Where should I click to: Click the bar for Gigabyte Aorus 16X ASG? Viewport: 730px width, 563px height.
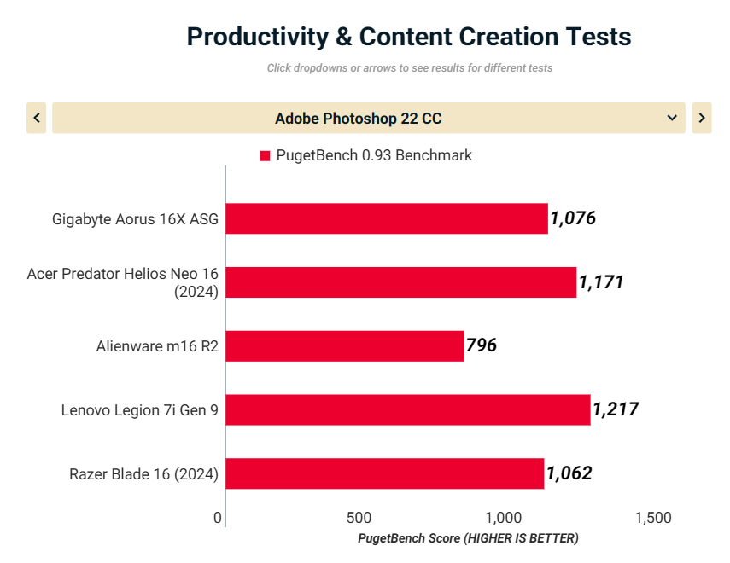coord(387,218)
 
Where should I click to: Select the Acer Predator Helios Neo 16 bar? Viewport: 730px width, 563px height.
coord(401,282)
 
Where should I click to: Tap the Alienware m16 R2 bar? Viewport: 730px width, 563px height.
coord(345,346)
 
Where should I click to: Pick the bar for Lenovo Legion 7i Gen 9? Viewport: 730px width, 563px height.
coord(408,410)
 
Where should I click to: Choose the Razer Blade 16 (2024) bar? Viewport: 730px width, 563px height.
coord(385,473)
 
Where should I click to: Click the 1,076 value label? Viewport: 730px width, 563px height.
coord(573,218)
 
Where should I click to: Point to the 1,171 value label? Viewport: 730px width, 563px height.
coord(601,282)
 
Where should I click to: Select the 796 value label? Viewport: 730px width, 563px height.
coord(482,346)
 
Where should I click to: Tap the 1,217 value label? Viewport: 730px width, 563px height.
coord(615,410)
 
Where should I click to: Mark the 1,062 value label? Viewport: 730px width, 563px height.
coord(569,473)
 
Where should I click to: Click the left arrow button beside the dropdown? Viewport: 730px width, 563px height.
coord(36,118)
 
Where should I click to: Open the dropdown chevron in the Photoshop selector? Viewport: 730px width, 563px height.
coord(672,118)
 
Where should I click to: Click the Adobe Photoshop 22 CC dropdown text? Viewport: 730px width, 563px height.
coord(359,119)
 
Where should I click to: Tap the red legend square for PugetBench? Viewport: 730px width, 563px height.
coord(265,156)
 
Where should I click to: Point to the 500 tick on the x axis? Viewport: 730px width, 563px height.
coord(359,518)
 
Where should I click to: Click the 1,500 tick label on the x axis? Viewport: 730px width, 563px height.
coord(653,518)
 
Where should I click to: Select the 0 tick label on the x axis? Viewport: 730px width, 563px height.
coord(218,518)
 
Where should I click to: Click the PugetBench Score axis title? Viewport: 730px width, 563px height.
coord(468,538)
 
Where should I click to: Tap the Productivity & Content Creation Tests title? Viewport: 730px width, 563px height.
coord(409,37)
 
